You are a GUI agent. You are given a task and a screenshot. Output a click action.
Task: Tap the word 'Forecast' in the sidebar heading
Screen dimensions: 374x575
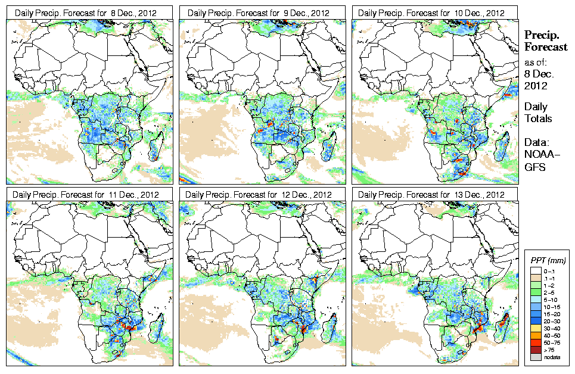[x=546, y=48]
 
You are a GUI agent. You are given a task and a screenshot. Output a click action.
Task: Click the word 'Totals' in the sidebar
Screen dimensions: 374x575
[x=538, y=119]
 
